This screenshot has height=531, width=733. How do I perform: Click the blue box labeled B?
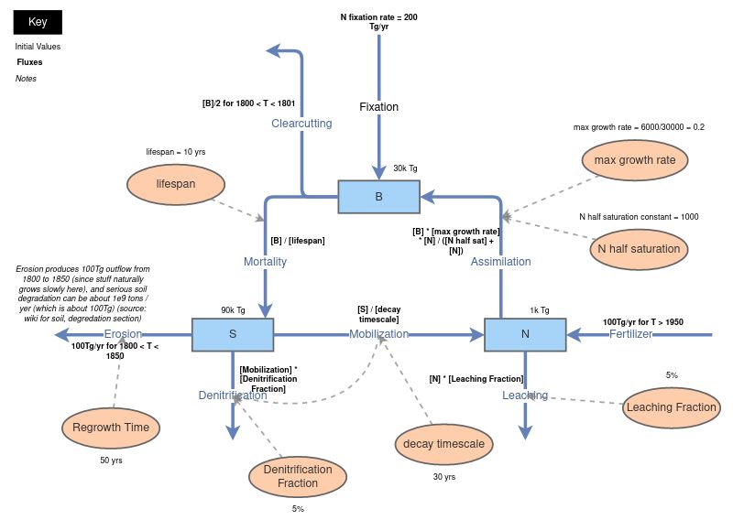pos(378,196)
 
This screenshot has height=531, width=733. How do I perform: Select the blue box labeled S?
pos(232,334)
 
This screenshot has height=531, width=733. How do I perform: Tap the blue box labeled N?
pos(525,334)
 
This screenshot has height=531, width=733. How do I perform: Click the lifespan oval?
pos(175,184)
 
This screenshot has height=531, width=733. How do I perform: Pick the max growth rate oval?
pos(635,160)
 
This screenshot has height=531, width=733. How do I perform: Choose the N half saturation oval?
pos(639,248)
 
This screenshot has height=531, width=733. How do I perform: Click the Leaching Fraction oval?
pos(671,407)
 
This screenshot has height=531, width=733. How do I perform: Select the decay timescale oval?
pos(443,444)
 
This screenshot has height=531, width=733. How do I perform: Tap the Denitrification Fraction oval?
pos(298,476)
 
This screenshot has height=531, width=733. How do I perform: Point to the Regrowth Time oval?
pos(111,427)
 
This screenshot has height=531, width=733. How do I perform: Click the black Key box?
pos(38,22)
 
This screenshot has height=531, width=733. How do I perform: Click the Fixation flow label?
pos(378,107)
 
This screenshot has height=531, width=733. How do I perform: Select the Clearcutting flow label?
pos(301,123)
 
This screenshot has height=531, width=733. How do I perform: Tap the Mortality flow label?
pos(265,262)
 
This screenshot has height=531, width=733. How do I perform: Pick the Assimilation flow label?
pos(500,262)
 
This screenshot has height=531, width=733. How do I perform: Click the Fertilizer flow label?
pos(630,334)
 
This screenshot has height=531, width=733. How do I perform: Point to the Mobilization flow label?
pos(378,334)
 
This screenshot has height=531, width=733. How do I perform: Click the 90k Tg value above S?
pos(233,309)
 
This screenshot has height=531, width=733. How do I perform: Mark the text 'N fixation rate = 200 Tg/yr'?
pos(378,22)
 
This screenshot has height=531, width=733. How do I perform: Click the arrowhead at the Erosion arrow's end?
pos(60,334)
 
